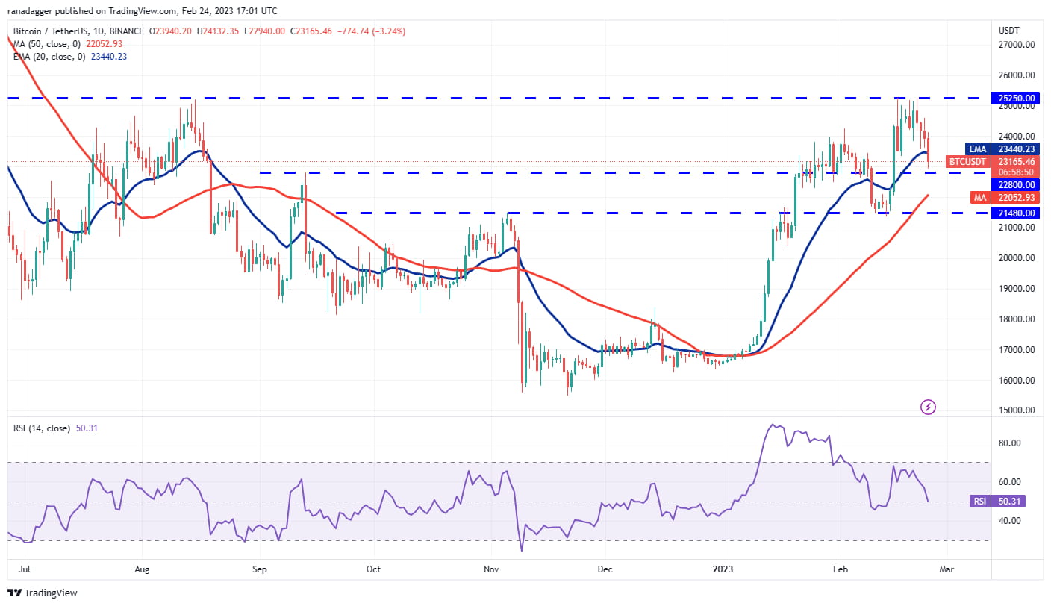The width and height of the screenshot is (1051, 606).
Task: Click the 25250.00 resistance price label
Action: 1017,98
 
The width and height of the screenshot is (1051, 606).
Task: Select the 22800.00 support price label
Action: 1017,184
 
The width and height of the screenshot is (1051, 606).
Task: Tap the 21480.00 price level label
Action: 1017,213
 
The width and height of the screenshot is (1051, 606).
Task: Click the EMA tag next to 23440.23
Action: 977,149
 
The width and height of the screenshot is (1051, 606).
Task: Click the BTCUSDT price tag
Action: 967,161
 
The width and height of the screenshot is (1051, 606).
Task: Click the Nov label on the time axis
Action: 490,569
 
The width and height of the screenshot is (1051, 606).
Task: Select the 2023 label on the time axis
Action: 723,569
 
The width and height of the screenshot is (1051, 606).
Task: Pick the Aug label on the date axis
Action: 142,569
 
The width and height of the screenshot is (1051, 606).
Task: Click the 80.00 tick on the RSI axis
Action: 1010,443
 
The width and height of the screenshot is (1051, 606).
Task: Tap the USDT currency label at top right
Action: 1009,30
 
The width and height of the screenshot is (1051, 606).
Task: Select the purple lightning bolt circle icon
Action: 928,407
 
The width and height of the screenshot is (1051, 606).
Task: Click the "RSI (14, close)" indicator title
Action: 42,428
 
